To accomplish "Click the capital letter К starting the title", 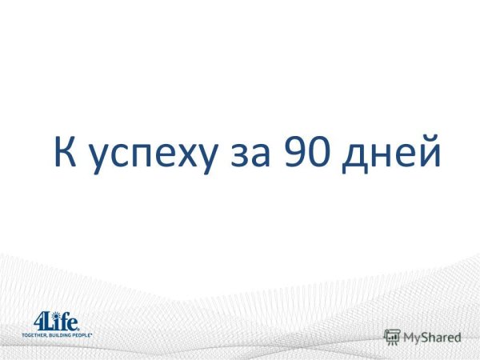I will (65, 152).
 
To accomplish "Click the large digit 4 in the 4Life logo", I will (39, 322).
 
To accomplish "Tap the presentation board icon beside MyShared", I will (392, 337).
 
